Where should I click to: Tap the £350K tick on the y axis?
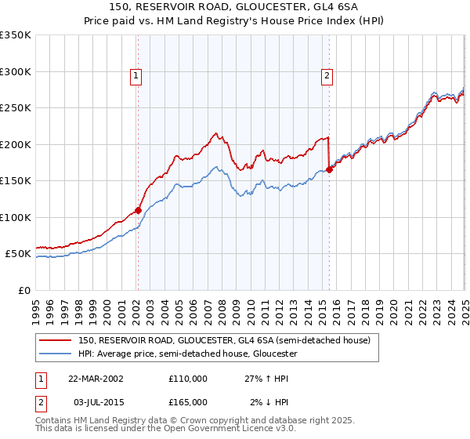(x=16, y=35)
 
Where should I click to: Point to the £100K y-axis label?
(x=16, y=217)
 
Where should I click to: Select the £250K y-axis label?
(x=16, y=108)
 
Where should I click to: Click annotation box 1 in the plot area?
(x=136, y=76)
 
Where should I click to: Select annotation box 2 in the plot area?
(x=326, y=76)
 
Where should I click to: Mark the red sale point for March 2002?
(x=138, y=210)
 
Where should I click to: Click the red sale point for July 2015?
(x=329, y=170)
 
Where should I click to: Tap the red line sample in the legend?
(x=56, y=340)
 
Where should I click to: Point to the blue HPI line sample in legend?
(x=56, y=354)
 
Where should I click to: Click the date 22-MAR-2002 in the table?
(x=96, y=378)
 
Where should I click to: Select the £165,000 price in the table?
(x=187, y=402)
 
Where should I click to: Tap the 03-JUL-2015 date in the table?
(x=95, y=402)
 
